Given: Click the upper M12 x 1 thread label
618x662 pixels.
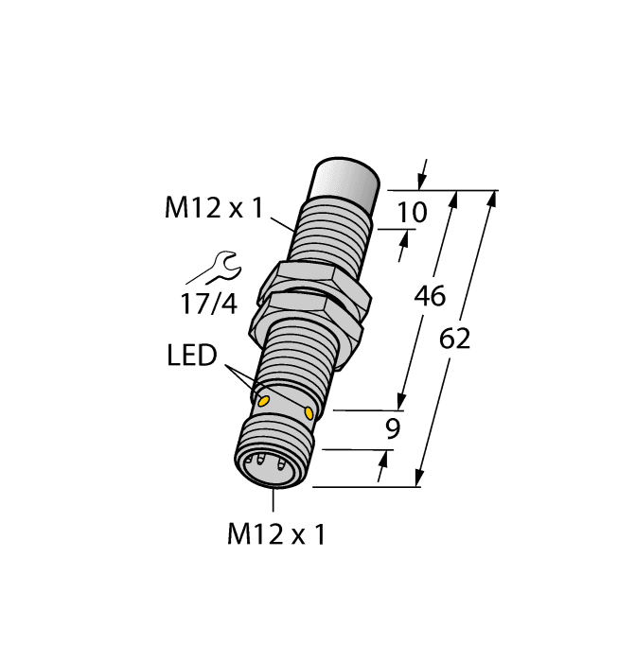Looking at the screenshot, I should pos(213,209).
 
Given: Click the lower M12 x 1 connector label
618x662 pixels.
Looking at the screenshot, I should pos(275,535).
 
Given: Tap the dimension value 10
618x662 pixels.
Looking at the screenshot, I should pos(412,213).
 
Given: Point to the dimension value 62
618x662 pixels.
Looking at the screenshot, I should pos(455,340).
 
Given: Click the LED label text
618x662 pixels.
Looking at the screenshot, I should pos(192,357).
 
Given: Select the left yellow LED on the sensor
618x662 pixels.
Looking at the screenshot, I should pos(264,403).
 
